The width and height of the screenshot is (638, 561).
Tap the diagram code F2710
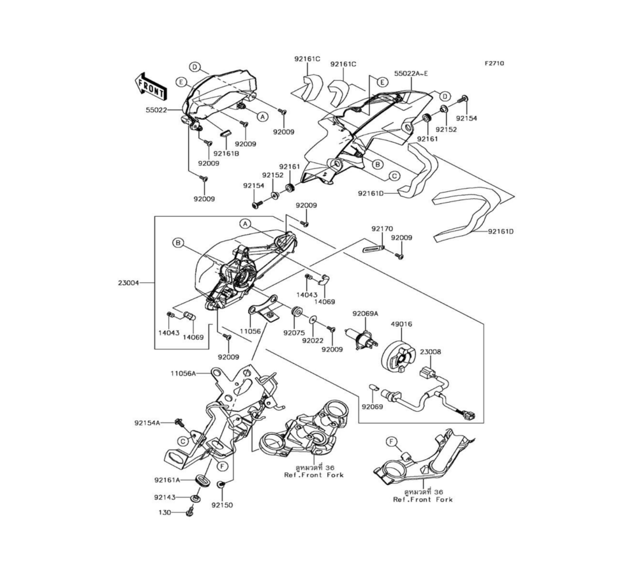click(x=494, y=63)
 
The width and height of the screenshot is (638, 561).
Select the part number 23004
click(x=129, y=282)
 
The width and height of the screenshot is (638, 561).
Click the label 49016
click(x=401, y=324)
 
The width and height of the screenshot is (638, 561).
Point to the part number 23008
click(x=431, y=352)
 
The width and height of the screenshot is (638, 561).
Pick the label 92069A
click(x=366, y=314)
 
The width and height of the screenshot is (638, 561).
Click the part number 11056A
click(x=183, y=372)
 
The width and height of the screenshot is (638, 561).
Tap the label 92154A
click(x=147, y=423)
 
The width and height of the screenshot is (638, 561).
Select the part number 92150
click(x=222, y=505)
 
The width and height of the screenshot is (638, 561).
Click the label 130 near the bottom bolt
click(x=165, y=513)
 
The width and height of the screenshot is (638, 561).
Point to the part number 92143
click(x=165, y=497)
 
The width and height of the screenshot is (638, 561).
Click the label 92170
click(x=382, y=229)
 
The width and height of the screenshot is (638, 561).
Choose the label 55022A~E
click(x=411, y=73)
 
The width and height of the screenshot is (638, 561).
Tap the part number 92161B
click(x=226, y=154)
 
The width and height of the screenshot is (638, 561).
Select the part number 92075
click(x=294, y=333)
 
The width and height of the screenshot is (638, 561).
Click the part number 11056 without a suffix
click(x=250, y=331)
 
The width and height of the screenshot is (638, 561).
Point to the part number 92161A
click(x=167, y=479)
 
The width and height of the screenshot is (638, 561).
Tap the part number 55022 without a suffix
click(x=157, y=110)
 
